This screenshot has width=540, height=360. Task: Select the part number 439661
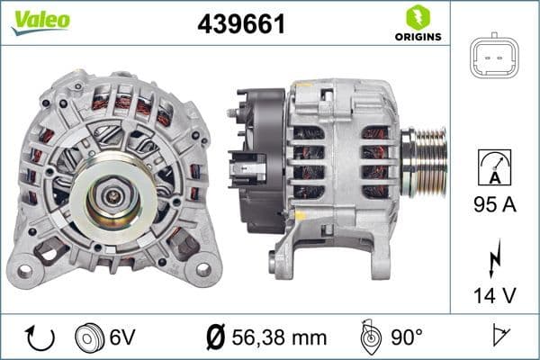click(241, 25)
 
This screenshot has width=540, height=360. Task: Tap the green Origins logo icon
click(417, 16)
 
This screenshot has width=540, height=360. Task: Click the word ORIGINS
click(417, 37)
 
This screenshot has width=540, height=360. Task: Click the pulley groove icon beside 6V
click(88, 337)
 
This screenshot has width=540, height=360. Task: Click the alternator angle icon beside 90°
click(369, 337)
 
